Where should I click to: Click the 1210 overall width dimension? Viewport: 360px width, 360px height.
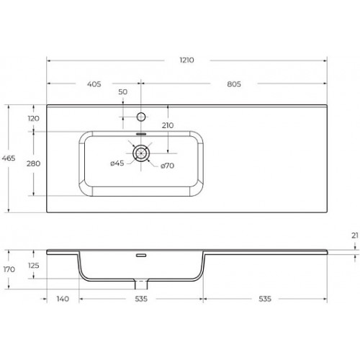tap(186, 60)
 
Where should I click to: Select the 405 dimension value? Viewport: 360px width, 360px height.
tap(94, 84)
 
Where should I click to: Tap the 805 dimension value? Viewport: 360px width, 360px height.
tap(234, 84)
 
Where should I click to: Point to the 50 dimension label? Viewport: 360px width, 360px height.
tap(123, 92)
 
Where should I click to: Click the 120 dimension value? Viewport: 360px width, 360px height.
tap(33, 118)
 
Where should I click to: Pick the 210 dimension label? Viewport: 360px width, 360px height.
tap(168, 125)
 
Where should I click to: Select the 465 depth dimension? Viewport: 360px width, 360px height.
tap(9, 158)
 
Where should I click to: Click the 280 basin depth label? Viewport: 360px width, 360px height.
tap(33, 163)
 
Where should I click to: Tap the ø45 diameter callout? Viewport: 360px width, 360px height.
tap(117, 163)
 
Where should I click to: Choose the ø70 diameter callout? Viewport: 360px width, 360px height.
tap(167, 166)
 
